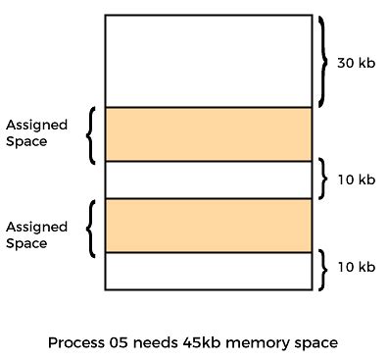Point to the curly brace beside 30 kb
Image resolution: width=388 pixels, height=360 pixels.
pyautogui.click(x=323, y=61)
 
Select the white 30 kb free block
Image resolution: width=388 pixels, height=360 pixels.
pyautogui.click(x=208, y=61)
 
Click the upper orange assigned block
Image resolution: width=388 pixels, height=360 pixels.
pyautogui.click(x=208, y=133)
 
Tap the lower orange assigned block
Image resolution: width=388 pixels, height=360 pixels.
pyautogui.click(x=208, y=225)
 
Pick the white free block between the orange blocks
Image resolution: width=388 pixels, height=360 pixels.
pyautogui.click(x=208, y=179)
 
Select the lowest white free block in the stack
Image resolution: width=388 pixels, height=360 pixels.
pyautogui.click(x=208, y=270)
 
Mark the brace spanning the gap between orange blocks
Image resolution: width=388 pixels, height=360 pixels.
pyautogui.click(x=323, y=179)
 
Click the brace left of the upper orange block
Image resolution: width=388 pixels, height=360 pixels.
pyautogui.click(x=89, y=133)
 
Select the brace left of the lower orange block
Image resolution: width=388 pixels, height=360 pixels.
pyautogui.click(x=89, y=227)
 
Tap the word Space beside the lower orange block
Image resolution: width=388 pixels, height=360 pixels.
pyautogui.click(x=26, y=243)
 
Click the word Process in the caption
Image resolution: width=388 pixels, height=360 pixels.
pyautogui.click(x=75, y=344)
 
